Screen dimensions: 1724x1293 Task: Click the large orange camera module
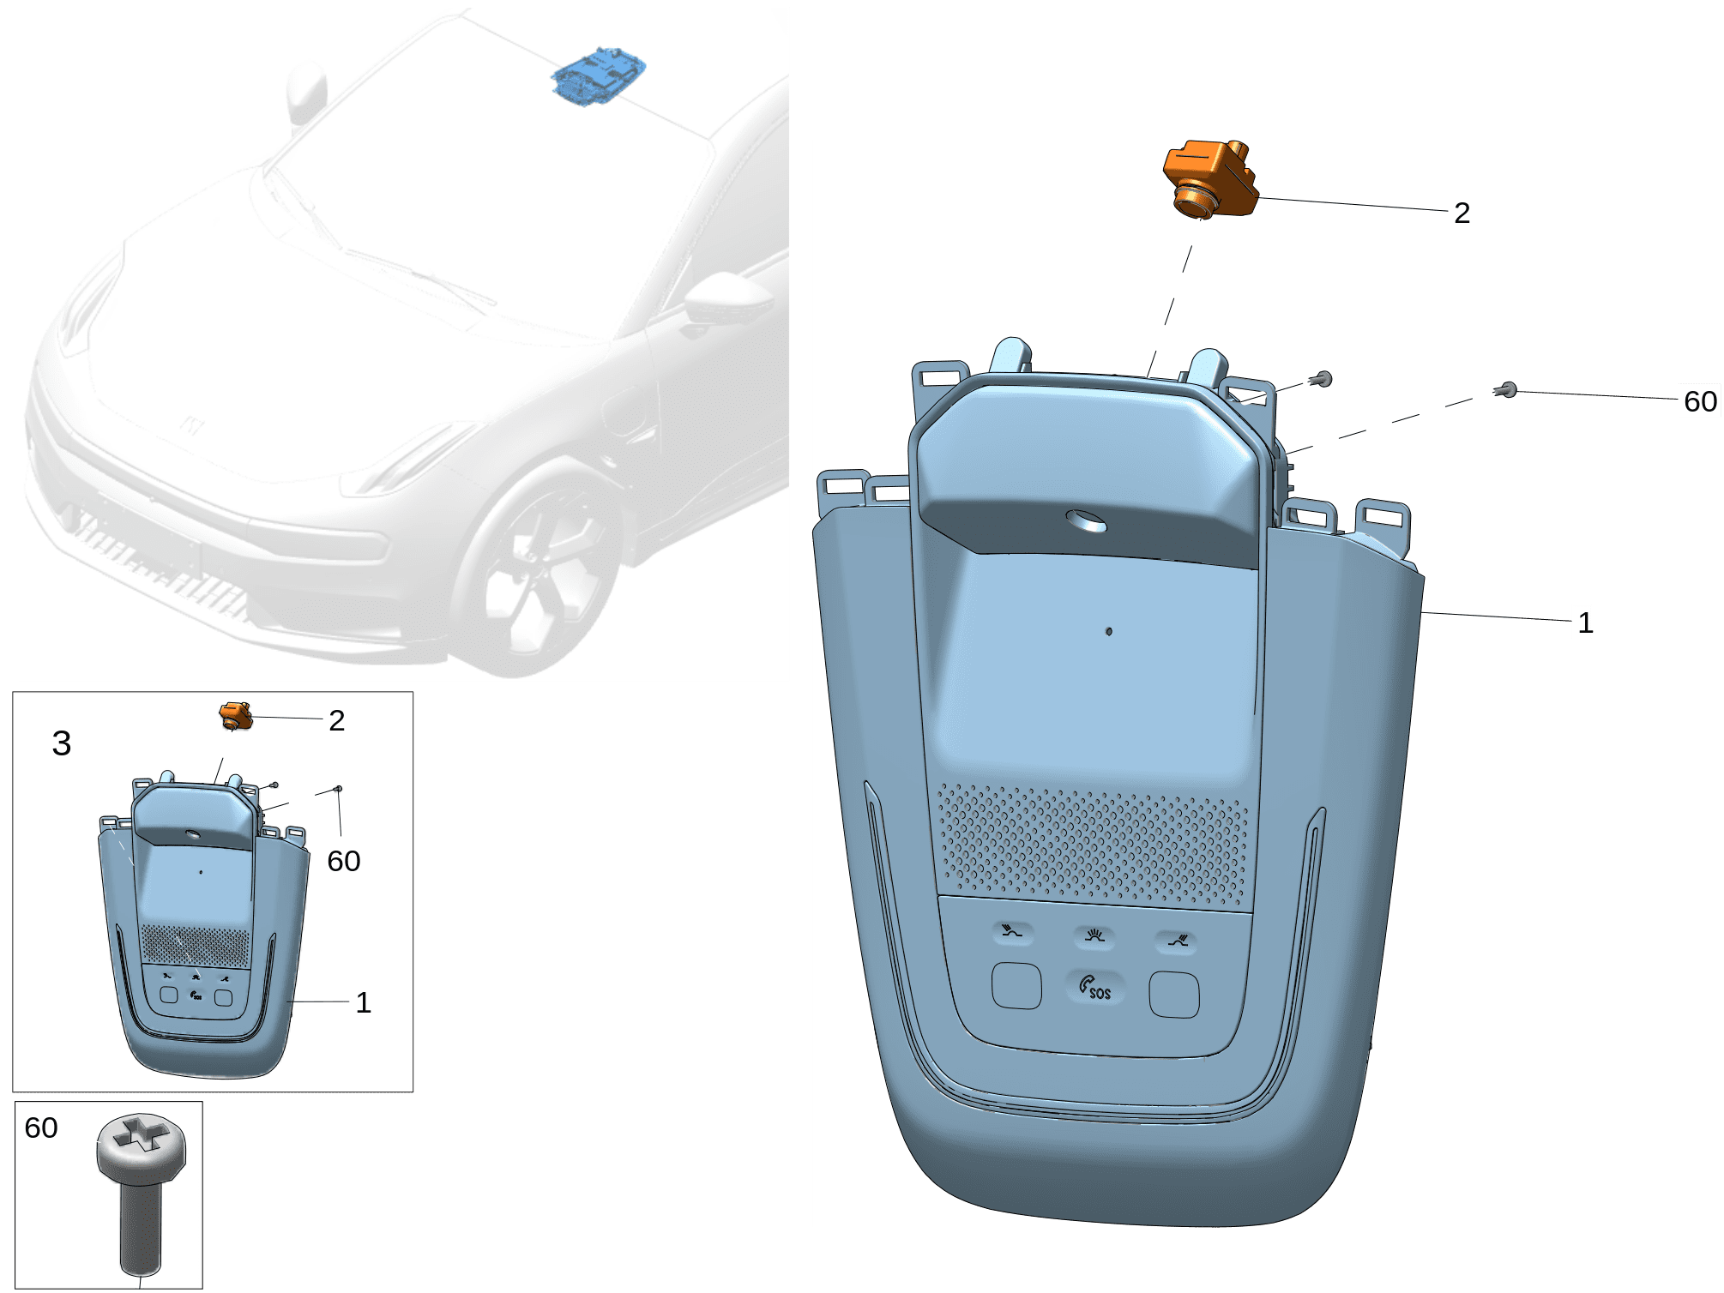pyautogui.click(x=1210, y=177)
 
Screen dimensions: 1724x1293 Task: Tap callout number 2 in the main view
pyautogui.click(x=1462, y=213)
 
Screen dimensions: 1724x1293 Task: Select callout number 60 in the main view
pyautogui.click(x=1700, y=401)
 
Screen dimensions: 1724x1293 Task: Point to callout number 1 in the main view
pyautogui.click(x=1585, y=622)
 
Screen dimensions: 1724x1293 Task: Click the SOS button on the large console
pyautogui.click(x=1095, y=987)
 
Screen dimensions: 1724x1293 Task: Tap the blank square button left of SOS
pyautogui.click(x=1016, y=986)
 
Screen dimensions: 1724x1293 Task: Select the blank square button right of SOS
pyautogui.click(x=1174, y=995)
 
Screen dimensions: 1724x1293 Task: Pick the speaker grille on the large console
pyautogui.click(x=1093, y=844)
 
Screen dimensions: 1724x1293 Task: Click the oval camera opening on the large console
pyautogui.click(x=1086, y=520)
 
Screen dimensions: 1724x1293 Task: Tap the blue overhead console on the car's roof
pyautogui.click(x=598, y=76)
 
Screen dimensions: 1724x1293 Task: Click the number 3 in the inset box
pyautogui.click(x=61, y=743)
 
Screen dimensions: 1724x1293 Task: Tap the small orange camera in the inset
pyautogui.click(x=236, y=716)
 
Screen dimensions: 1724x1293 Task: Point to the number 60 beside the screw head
pyautogui.click(x=41, y=1128)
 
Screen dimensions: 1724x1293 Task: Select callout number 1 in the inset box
pyautogui.click(x=363, y=1002)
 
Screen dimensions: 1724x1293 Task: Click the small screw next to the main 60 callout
pyautogui.click(x=1506, y=391)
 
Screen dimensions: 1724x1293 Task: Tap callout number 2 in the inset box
pyautogui.click(x=336, y=720)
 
